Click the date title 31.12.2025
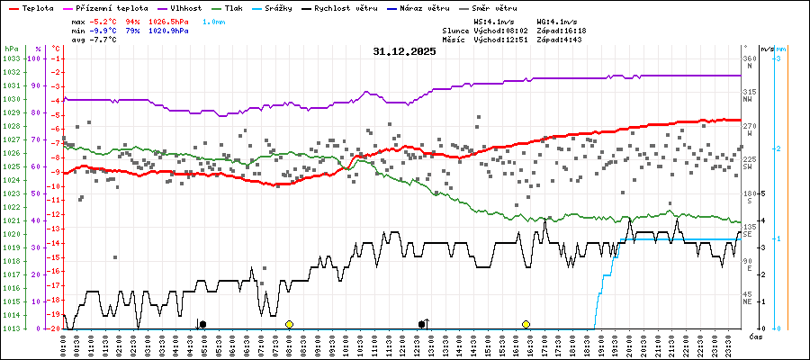click(404, 51)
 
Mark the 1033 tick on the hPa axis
click(11, 58)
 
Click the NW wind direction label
click(749, 99)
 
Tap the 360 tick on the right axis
click(750, 58)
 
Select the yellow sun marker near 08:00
click(289, 324)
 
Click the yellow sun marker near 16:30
click(526, 324)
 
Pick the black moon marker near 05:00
click(202, 324)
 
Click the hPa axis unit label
click(11, 49)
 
